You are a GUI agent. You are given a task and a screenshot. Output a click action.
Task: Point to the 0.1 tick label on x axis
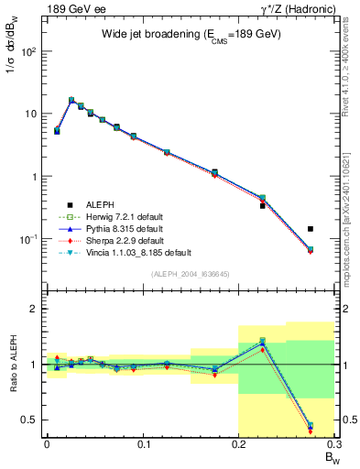click(142, 443)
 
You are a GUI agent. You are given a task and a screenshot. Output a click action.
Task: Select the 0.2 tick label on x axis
click(238, 443)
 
